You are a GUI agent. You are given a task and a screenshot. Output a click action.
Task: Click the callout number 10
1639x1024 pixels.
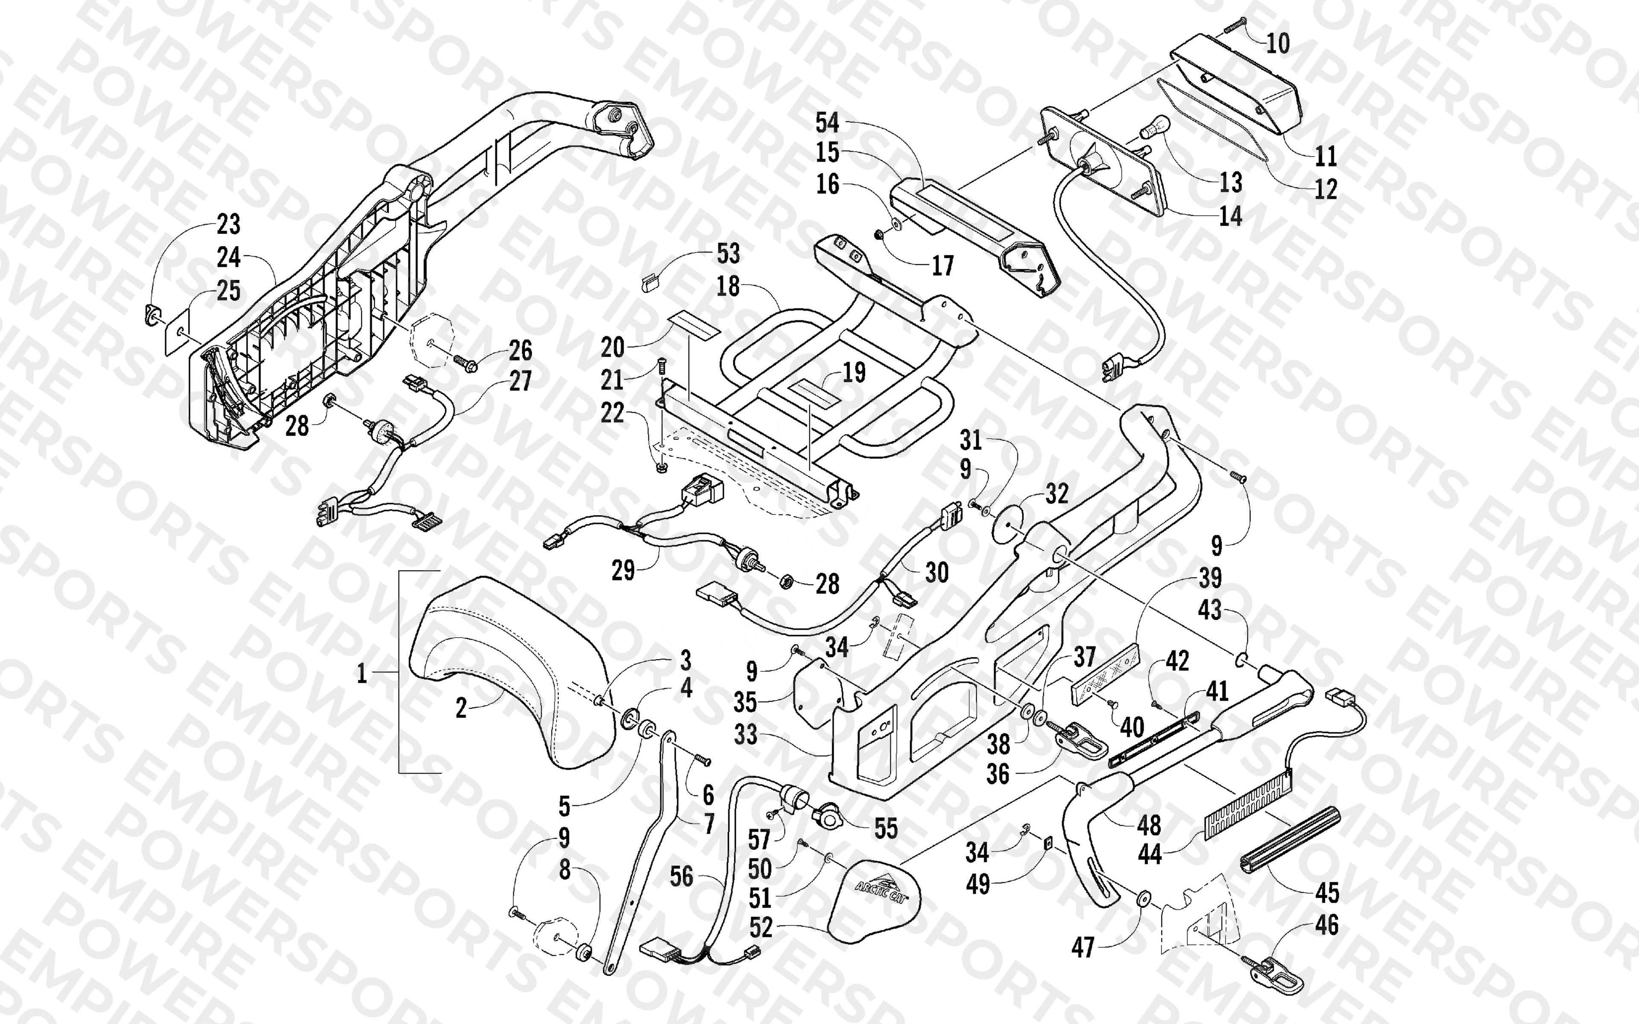point(1278,44)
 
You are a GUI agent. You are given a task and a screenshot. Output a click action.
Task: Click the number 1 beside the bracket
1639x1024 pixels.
point(362,674)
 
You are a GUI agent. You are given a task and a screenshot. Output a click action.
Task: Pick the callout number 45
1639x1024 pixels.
point(1327,893)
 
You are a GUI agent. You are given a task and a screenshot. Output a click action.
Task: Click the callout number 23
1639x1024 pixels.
point(228,224)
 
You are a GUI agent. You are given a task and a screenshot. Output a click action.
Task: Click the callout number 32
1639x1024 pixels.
point(1056,494)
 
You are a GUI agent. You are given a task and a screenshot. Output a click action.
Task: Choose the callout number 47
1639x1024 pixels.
point(1082,948)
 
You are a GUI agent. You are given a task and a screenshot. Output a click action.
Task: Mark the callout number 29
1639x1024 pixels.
point(623,570)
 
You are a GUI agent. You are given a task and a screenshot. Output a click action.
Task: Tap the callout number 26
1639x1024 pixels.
point(520,351)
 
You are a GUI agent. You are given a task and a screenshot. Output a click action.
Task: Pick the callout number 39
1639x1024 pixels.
point(1210,578)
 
